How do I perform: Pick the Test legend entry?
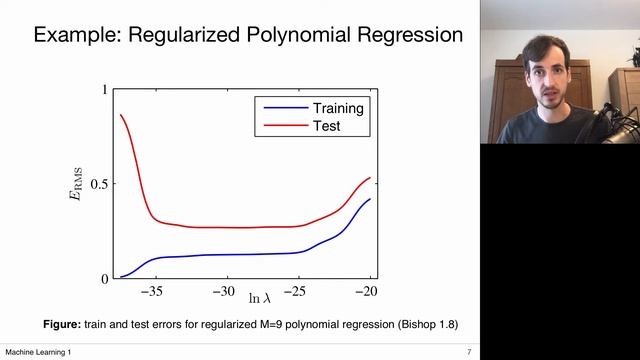pyautogui.click(x=326, y=126)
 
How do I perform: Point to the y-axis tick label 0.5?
pyautogui.click(x=95, y=184)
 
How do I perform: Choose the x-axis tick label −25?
pyautogui.click(x=297, y=295)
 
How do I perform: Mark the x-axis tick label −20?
pyautogui.click(x=369, y=295)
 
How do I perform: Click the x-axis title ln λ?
pyautogui.click(x=261, y=299)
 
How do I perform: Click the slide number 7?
pyautogui.click(x=468, y=353)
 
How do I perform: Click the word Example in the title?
pyautogui.click(x=74, y=35)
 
